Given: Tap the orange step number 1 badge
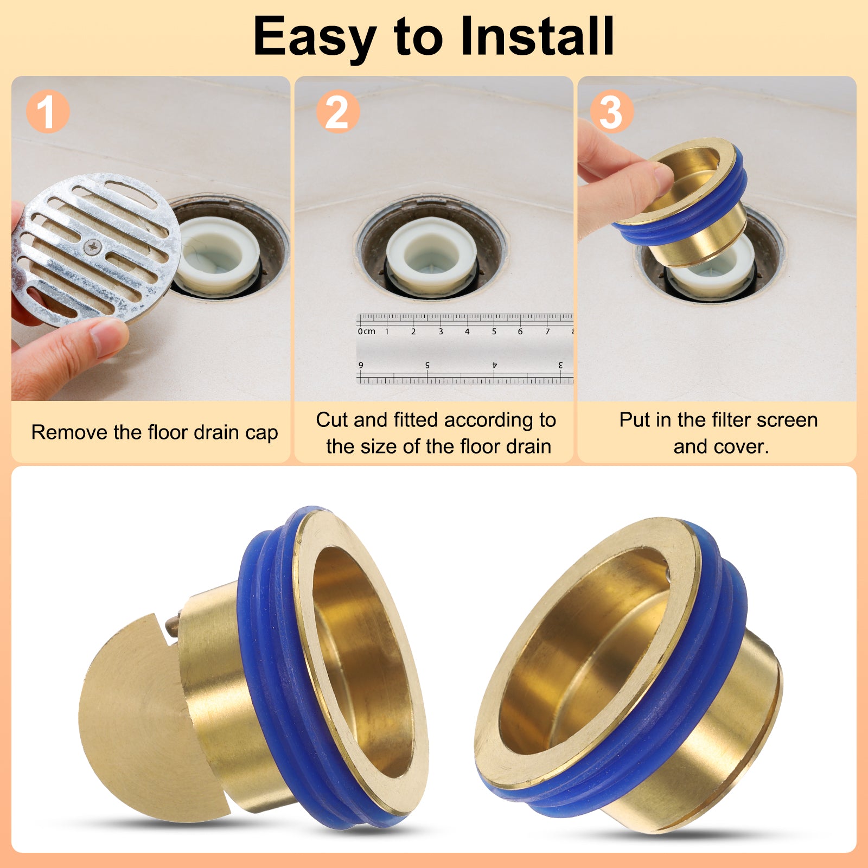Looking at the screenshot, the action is click(48, 111).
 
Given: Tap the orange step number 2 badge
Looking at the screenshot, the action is click(337, 111).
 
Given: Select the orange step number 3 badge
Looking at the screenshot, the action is click(611, 111).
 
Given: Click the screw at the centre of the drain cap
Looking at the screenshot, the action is click(93, 247).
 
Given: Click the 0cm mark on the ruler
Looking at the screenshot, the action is click(366, 331).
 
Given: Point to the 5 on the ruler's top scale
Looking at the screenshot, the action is click(494, 331).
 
